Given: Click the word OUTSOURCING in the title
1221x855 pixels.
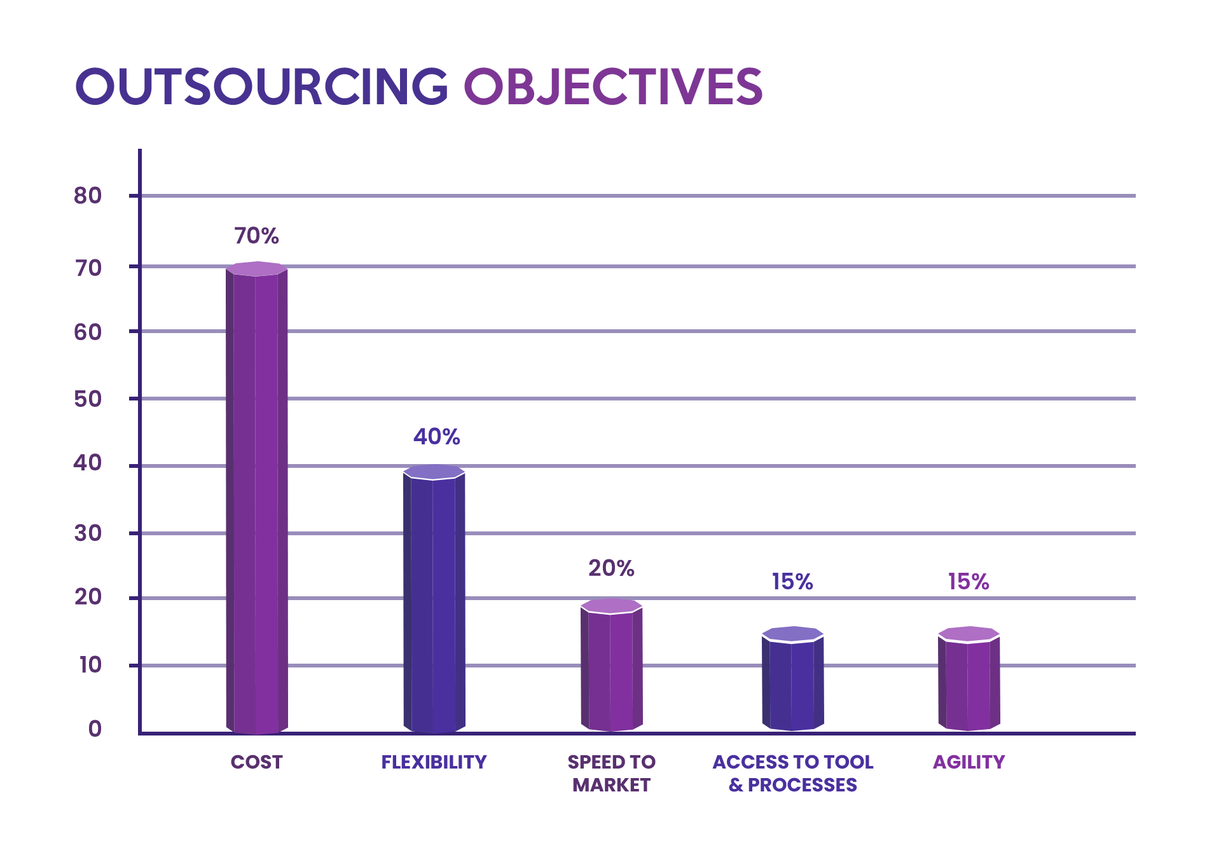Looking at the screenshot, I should click(262, 86).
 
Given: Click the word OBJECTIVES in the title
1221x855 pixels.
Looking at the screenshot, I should click(612, 86).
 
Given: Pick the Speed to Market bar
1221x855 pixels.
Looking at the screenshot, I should click(612, 667).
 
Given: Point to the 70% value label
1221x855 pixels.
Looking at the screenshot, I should click(257, 236).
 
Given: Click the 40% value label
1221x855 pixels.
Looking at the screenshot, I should click(436, 437).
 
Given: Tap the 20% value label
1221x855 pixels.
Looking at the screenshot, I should click(611, 568).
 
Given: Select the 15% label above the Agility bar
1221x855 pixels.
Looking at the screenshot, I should click(969, 581).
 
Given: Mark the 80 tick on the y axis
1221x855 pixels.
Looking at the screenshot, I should click(88, 196).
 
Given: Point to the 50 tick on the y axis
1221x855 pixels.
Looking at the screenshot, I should click(88, 399).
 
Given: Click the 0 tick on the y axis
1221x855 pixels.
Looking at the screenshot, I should click(95, 728).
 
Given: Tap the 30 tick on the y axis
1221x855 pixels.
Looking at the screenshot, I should click(88, 533).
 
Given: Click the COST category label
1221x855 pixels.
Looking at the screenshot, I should click(257, 762).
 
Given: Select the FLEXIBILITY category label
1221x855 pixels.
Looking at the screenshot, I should click(434, 762).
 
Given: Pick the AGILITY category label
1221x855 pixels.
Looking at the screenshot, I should click(969, 762).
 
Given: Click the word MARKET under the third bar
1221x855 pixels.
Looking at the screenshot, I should click(611, 785).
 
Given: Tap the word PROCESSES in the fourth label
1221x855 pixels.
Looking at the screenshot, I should click(803, 785).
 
